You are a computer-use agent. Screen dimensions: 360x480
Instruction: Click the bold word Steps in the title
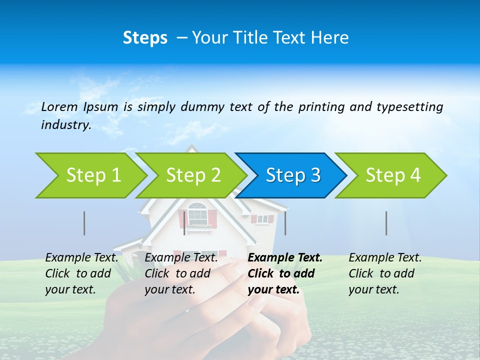145,38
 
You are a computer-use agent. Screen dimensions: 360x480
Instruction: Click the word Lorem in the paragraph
59,106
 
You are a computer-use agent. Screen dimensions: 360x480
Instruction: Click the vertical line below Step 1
84,223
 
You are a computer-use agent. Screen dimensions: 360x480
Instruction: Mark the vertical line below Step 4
386,223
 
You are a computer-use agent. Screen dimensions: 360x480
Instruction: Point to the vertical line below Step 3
285,223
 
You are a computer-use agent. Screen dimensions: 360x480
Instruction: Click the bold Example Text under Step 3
285,258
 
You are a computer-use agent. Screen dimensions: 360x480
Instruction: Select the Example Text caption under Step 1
81,258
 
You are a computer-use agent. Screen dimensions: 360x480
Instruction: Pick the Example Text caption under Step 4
385,258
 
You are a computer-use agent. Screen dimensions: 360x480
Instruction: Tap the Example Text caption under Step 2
181,258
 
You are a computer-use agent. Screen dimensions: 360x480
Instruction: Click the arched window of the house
197,214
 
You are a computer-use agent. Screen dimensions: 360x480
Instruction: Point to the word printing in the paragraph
322,107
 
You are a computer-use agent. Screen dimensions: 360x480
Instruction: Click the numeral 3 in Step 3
315,175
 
